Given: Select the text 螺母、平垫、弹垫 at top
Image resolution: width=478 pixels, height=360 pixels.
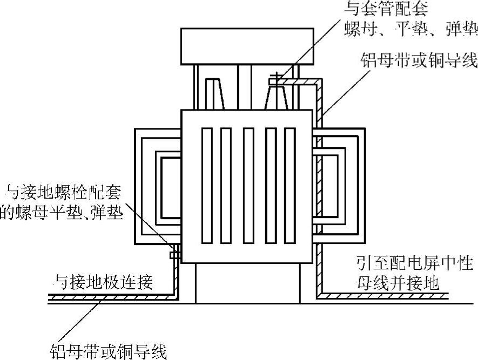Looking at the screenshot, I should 410,28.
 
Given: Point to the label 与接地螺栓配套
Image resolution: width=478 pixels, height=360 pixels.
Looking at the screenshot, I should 63,192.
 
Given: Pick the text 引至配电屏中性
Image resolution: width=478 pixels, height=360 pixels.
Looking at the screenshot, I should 414,264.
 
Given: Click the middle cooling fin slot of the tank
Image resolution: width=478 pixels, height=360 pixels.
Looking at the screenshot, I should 248,186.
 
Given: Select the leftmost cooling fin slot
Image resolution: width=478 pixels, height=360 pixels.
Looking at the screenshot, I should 207,186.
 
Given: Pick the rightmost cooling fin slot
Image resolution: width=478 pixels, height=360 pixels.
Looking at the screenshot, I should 290,186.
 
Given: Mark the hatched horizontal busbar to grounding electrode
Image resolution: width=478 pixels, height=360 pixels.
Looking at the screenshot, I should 108,296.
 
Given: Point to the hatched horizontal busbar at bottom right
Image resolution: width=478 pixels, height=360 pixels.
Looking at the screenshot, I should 389,296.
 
